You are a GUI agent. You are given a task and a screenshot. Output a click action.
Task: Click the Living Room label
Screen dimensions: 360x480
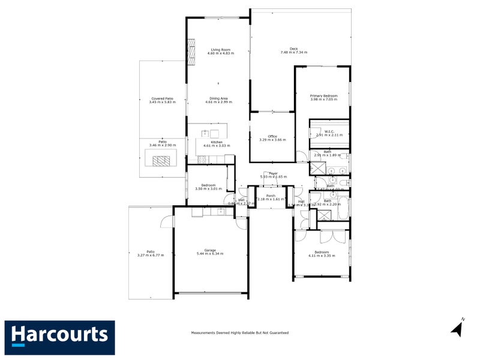pos(220,49)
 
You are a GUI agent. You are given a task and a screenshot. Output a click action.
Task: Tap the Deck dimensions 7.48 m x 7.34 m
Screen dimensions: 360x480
pos(293,53)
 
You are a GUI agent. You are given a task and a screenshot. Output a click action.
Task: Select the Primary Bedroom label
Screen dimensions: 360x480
pos(323,95)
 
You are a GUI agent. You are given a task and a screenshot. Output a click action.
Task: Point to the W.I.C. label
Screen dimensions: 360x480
pos(329,131)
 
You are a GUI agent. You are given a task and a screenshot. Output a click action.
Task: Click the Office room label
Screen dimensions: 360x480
pos(272,136)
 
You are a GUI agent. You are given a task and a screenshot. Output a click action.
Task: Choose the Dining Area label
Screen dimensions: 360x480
pos(218,98)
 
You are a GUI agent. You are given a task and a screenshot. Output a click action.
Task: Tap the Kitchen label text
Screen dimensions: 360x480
pos(217,142)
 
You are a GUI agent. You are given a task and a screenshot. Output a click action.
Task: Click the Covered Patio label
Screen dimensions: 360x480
pos(162,98)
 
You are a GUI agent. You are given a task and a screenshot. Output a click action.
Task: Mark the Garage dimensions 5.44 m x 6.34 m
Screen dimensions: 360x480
pos(210,254)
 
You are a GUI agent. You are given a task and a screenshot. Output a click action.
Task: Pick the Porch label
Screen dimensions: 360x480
pos(271,195)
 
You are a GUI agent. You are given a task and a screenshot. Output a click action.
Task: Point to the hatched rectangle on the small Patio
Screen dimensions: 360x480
pos(161,160)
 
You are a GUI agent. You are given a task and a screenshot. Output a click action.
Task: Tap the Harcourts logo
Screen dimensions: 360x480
pos(59,333)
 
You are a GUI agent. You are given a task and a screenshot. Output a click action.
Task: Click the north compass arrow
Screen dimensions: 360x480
pos(457,328)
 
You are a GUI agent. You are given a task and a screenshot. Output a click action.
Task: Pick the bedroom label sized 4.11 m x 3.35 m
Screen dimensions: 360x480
pos(321,252)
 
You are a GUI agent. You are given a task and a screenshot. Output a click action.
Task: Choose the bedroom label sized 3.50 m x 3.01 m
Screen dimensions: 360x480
pos(208,185)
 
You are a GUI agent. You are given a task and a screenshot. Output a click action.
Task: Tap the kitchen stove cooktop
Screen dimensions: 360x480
pos(202,159)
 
